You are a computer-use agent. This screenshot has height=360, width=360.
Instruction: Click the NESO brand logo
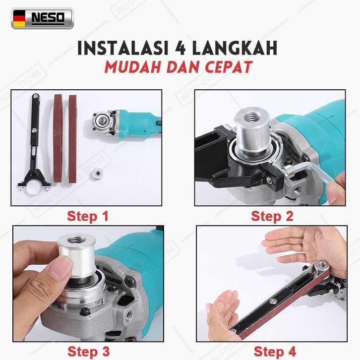tap(43, 18)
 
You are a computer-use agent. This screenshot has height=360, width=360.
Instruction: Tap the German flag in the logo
tap(19, 19)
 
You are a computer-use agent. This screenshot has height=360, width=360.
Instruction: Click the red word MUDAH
tap(133, 67)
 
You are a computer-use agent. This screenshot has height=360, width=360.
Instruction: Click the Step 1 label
tap(87, 216)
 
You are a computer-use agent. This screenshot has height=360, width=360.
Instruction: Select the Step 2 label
tap(272, 216)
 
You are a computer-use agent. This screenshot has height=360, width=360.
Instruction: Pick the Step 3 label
tap(88, 352)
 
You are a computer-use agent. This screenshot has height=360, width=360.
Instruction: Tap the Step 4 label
tap(275, 352)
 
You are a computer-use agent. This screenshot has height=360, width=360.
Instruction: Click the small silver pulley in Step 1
tap(97, 174)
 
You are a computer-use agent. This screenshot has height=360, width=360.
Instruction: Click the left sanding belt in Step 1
tap(58, 138)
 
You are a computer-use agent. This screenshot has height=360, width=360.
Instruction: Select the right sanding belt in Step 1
tap(72, 139)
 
